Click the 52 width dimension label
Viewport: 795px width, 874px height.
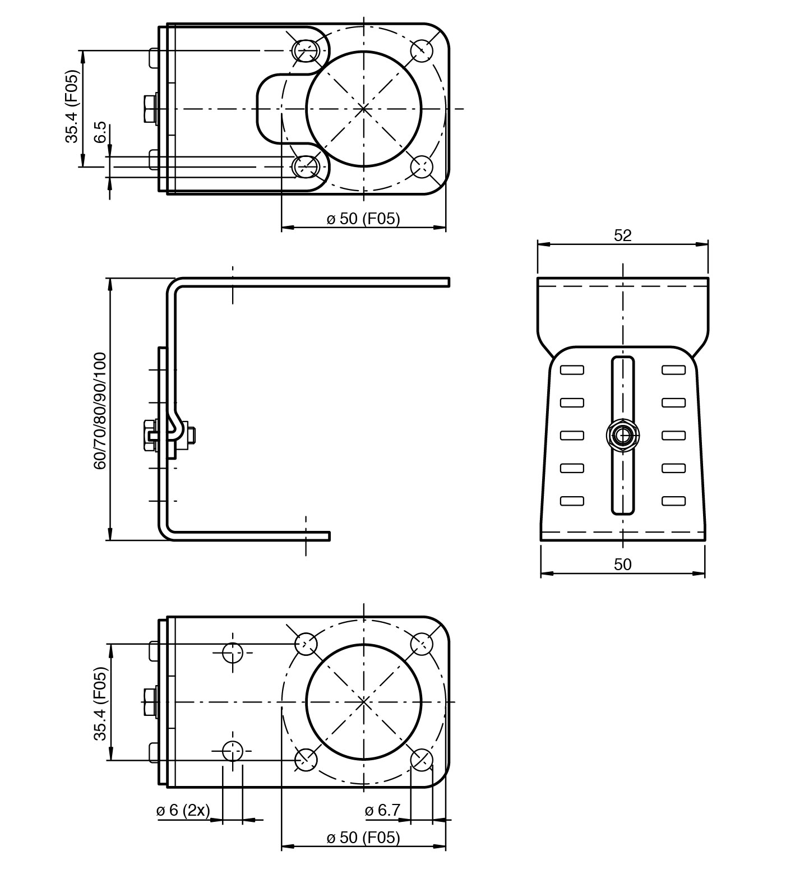point(622,235)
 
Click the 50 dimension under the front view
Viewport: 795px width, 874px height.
point(622,565)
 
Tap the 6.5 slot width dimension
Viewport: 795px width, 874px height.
point(101,132)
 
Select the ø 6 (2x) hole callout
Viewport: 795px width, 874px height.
point(183,810)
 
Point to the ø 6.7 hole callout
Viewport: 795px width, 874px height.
point(382,810)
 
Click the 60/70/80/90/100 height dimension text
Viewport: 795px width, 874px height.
point(100,410)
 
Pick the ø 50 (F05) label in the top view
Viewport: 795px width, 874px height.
point(363,219)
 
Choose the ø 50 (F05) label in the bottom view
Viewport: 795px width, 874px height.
point(363,838)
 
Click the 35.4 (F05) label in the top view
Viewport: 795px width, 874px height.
point(72,107)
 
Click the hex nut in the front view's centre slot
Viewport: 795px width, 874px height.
point(623,435)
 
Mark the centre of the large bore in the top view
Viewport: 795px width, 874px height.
point(363,108)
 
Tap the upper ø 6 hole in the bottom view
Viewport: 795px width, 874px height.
point(232,653)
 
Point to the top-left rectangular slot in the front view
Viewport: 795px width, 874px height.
point(572,370)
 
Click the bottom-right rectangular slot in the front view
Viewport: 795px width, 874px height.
point(673,501)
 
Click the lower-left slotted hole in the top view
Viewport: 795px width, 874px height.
point(306,166)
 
